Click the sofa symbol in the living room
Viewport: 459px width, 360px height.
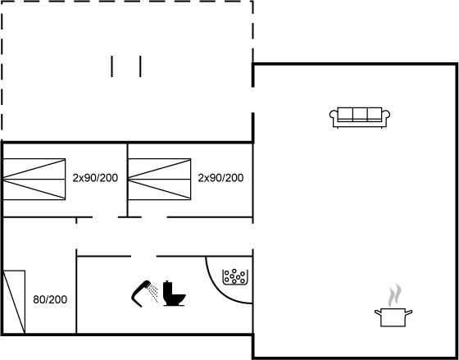coord(360,117)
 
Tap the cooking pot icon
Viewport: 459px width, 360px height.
coord(393,317)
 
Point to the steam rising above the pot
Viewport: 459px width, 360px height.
coord(394,295)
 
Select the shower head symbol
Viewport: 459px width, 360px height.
coord(141,294)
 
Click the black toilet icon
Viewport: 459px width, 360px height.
coord(174,294)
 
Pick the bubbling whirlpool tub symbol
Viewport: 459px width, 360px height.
coord(235,277)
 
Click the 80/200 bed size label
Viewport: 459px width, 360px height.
coord(50,299)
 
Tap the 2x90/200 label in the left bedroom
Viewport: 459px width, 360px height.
coord(95,178)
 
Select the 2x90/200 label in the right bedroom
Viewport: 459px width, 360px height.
coord(220,178)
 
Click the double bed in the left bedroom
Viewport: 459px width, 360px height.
coord(34,180)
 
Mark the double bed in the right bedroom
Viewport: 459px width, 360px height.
coord(160,180)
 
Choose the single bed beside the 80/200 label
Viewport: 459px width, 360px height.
coord(14,302)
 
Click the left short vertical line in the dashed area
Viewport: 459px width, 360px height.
coord(111,66)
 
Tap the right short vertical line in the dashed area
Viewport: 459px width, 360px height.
coord(140,66)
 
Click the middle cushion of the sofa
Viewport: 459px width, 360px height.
coord(360,114)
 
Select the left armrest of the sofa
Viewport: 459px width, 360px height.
coord(334,115)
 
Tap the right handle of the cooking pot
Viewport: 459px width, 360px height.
coord(409,312)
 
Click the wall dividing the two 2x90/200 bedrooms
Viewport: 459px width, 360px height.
coord(127,180)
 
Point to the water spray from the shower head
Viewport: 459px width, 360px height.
coord(152,292)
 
